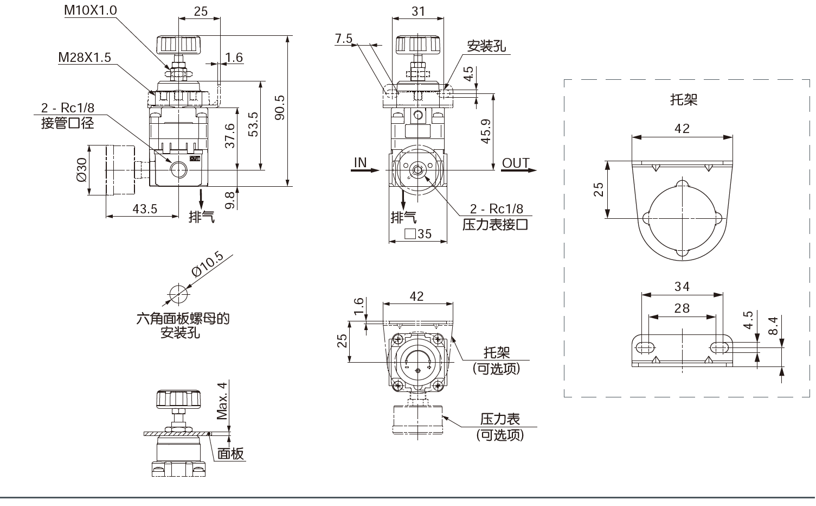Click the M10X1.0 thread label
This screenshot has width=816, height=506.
(x=90, y=10)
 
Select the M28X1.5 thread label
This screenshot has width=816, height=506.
(x=85, y=57)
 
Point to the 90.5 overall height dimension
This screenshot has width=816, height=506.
(x=280, y=109)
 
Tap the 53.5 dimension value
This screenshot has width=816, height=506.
(x=253, y=124)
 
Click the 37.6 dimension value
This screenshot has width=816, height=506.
(x=229, y=135)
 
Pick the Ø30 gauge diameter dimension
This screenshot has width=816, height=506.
(x=81, y=170)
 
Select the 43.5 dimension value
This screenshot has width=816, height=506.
(x=145, y=208)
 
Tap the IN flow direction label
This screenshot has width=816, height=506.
(x=360, y=162)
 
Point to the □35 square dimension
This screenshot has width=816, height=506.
(x=418, y=233)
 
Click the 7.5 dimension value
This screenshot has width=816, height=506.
(x=344, y=39)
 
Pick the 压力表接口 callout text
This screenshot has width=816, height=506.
(x=495, y=224)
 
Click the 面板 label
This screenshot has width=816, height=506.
(x=231, y=453)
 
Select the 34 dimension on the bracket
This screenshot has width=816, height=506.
(x=682, y=286)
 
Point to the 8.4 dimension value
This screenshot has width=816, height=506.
(x=773, y=326)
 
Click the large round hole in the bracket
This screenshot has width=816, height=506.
(x=682, y=218)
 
